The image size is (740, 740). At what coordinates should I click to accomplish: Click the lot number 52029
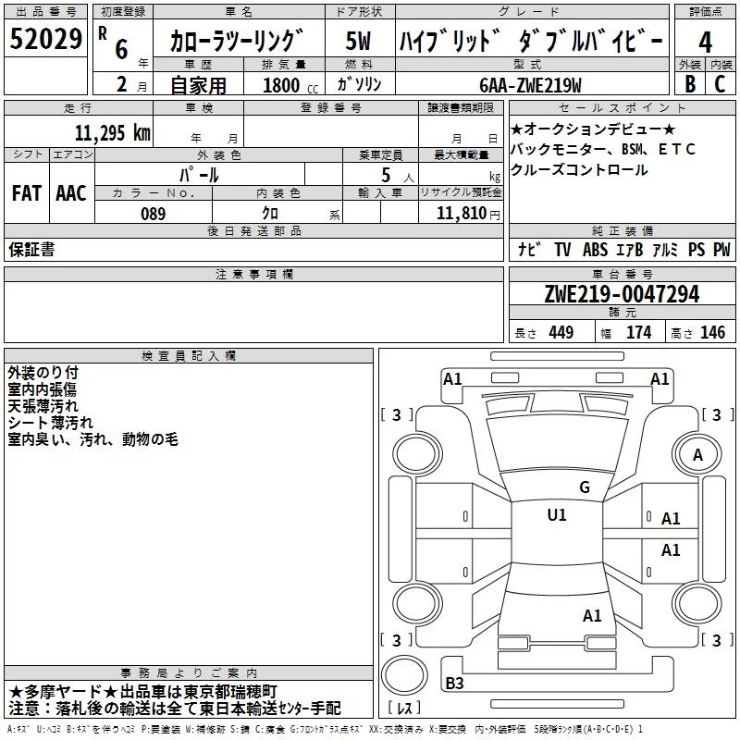tap(45, 39)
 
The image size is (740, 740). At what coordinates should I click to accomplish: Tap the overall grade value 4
tap(705, 42)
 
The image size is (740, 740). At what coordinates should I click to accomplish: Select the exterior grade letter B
tap(690, 83)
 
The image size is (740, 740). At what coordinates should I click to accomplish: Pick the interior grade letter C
tap(720, 83)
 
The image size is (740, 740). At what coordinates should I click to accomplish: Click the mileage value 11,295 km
tap(113, 132)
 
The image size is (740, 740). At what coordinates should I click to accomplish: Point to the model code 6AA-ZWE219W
tap(530, 85)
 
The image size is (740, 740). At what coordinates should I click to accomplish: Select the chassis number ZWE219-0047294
tap(622, 294)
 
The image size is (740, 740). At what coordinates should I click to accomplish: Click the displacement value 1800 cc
tap(290, 85)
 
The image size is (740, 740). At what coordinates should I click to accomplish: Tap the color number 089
tap(153, 214)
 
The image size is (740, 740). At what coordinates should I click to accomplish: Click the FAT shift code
tap(27, 193)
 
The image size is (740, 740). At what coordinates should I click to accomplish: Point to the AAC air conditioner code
tap(71, 193)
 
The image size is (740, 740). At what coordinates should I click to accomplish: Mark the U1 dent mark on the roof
tap(557, 514)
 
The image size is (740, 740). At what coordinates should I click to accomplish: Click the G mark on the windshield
tap(585, 487)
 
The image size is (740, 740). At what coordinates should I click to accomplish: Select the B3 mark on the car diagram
tap(454, 683)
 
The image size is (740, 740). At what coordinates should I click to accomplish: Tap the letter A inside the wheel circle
tap(697, 455)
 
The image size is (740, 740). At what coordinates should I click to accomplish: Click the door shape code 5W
tap(358, 41)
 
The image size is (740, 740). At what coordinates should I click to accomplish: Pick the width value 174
tap(638, 332)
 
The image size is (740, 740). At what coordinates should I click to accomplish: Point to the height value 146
tap(712, 332)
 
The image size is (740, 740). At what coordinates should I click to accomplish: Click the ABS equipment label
tap(595, 249)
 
